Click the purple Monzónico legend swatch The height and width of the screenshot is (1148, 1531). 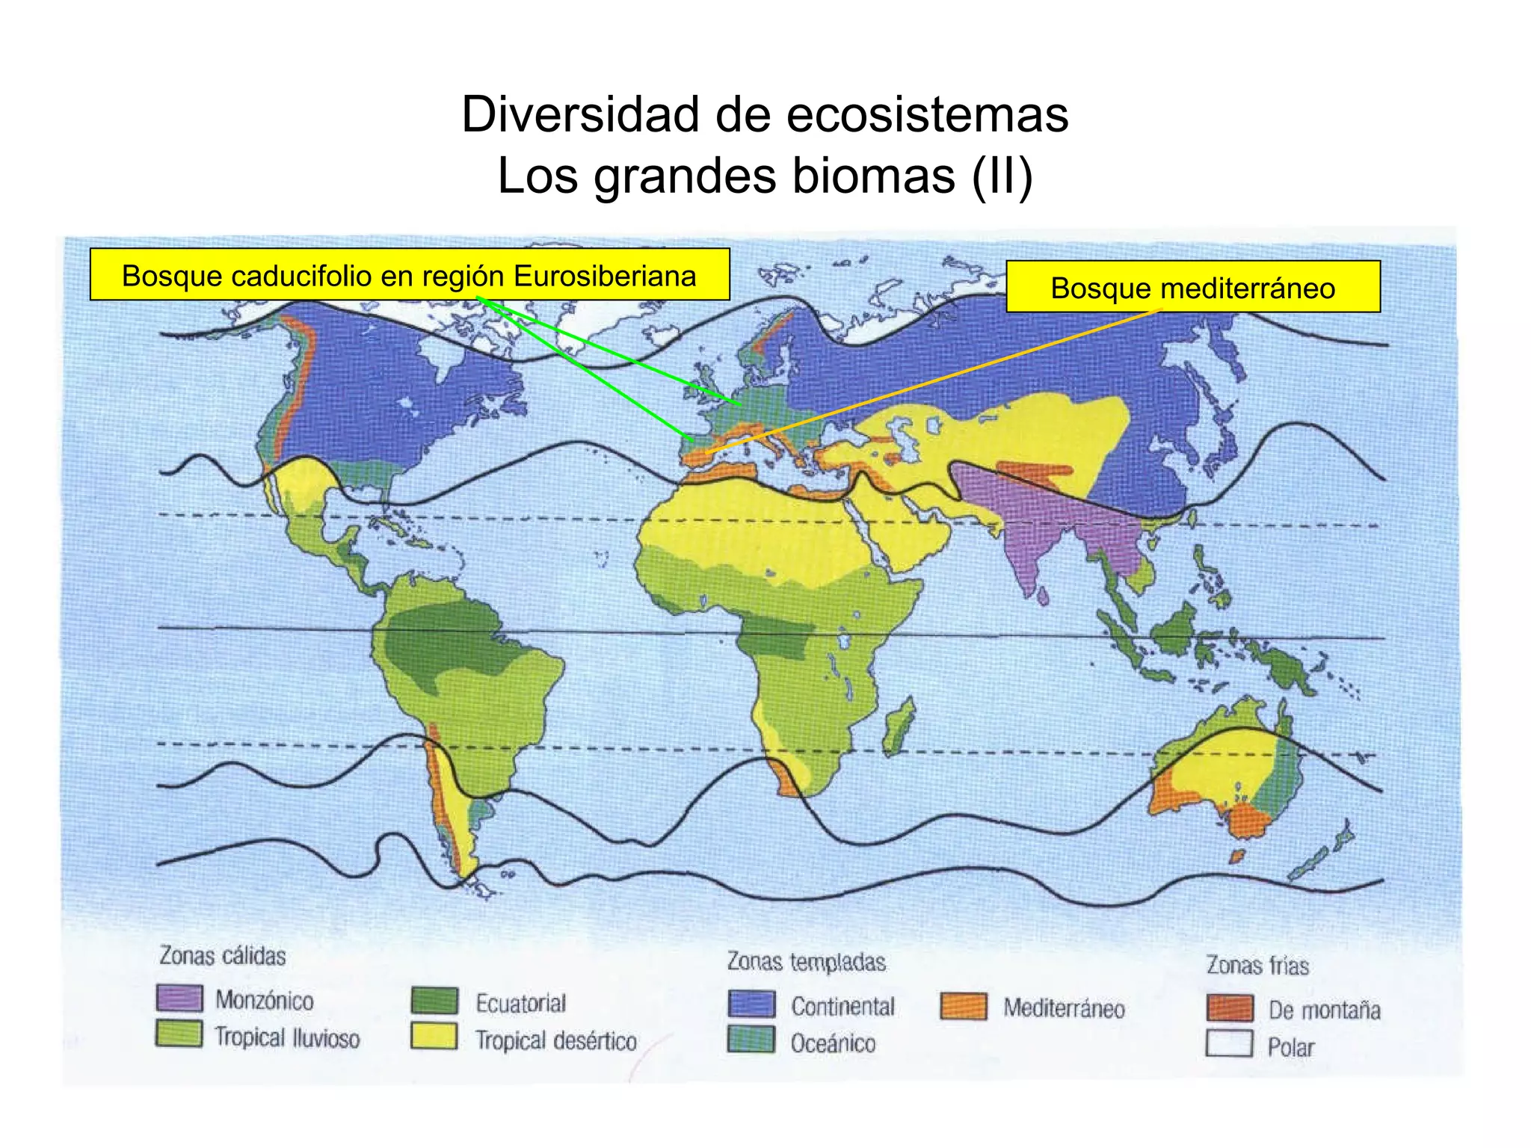(x=179, y=998)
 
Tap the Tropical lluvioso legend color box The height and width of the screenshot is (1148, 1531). (x=179, y=1034)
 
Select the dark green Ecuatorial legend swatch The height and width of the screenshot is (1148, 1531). (x=434, y=1001)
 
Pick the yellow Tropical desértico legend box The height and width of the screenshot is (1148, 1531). (x=434, y=1037)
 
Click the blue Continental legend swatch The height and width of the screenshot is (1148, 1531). (x=751, y=1004)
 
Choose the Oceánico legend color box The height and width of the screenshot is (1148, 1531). (x=751, y=1040)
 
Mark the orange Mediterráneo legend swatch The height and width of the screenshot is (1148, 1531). (x=964, y=1006)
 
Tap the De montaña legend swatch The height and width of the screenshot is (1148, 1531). (x=1230, y=1007)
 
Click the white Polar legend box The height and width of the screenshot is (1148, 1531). (x=1230, y=1044)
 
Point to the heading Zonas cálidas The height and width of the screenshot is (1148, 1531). (x=223, y=956)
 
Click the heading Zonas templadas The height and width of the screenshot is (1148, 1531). (x=807, y=962)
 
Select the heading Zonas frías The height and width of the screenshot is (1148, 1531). (x=1258, y=966)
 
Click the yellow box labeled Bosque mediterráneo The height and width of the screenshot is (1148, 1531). (x=1193, y=287)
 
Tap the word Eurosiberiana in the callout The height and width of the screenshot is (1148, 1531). (x=605, y=276)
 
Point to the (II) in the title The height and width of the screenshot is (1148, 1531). (x=1002, y=176)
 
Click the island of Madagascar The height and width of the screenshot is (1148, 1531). (x=897, y=725)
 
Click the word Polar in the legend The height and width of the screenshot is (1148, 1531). (x=1290, y=1047)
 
